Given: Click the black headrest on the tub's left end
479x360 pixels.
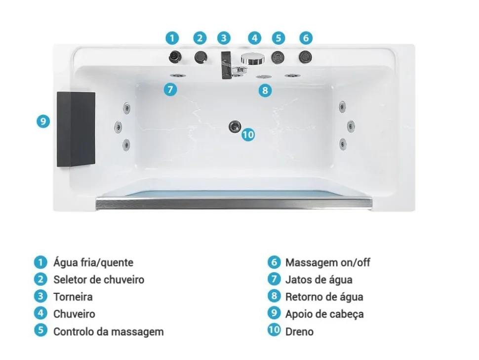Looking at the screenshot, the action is (x=76, y=129).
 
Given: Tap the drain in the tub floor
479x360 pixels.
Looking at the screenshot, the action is (x=235, y=126).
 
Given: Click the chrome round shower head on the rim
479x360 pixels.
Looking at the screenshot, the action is (x=253, y=58).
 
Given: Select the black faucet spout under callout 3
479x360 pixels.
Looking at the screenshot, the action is (x=226, y=65).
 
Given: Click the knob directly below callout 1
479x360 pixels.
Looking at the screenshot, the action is (x=175, y=56).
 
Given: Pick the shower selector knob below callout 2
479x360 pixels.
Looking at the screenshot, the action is (x=200, y=57).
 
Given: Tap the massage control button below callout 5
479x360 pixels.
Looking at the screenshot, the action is (x=278, y=57).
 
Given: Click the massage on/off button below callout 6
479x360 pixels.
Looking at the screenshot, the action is (x=305, y=57).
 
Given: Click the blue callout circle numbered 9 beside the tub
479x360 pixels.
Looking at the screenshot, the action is (x=43, y=121).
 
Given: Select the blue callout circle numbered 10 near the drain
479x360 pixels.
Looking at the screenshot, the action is (x=248, y=134).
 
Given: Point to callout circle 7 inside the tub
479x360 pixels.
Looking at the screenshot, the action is (x=170, y=89).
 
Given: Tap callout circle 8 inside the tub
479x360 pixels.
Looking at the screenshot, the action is (x=265, y=90).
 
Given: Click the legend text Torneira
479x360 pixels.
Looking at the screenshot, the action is (x=73, y=297).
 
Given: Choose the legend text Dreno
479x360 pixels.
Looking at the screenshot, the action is (x=299, y=331).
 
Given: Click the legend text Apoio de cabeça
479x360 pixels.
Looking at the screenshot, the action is (x=324, y=314).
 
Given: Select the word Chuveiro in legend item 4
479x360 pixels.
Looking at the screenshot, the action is (x=74, y=314).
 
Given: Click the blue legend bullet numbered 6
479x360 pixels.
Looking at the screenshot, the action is (x=274, y=262).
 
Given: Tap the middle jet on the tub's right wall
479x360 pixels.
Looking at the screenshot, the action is (x=351, y=125).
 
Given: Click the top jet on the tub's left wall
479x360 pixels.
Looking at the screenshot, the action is (x=126, y=108).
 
